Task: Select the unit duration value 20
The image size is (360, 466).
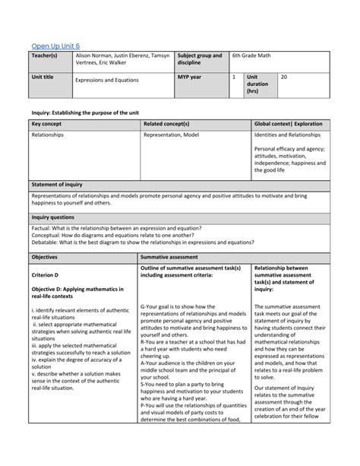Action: pyautogui.click(x=283, y=77)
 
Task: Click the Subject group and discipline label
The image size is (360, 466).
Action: pyautogui.click(x=200, y=59)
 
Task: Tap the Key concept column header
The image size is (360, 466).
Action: pyautogui.click(x=46, y=122)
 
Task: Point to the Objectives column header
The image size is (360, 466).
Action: pyautogui.click(x=45, y=258)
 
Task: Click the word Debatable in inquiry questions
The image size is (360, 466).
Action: pyautogui.click(x=47, y=242)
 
